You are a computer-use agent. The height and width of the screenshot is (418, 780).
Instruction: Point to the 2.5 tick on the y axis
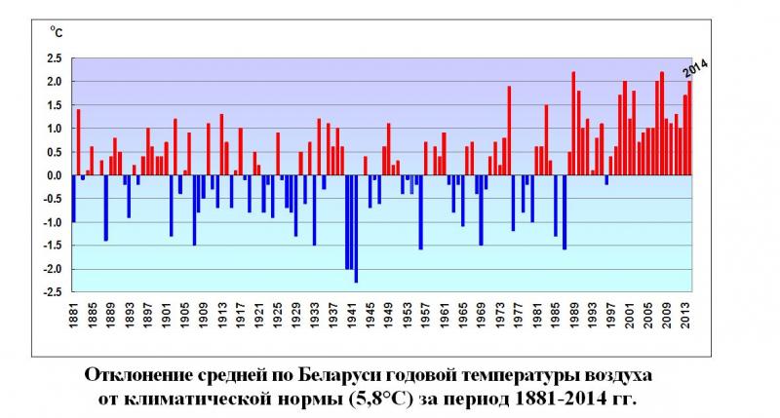pyautogui.click(x=55, y=57)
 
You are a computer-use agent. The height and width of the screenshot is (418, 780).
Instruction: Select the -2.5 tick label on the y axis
pyautogui.click(x=53, y=292)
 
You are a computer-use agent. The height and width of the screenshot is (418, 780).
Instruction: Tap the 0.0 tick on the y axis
pyautogui.click(x=55, y=175)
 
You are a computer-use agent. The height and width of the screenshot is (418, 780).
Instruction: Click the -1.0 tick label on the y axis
pyautogui.click(x=53, y=222)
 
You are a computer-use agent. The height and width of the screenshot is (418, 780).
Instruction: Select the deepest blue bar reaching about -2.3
pyautogui.click(x=356, y=229)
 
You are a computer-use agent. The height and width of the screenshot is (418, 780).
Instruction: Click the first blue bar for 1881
pyautogui.click(x=73, y=199)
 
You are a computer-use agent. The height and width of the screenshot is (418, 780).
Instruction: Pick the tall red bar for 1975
pyautogui.click(x=509, y=131)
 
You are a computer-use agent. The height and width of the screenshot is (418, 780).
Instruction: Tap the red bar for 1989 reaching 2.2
pyautogui.click(x=573, y=124)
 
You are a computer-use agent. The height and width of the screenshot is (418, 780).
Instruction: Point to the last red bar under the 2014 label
pyautogui.click(x=689, y=129)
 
